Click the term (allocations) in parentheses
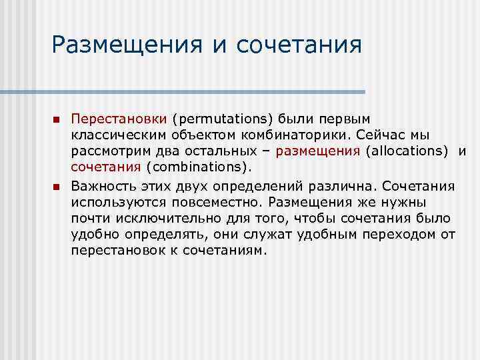click(x=407, y=151)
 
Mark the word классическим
click(x=114, y=135)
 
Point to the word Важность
click(x=102, y=185)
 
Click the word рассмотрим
click(x=109, y=151)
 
